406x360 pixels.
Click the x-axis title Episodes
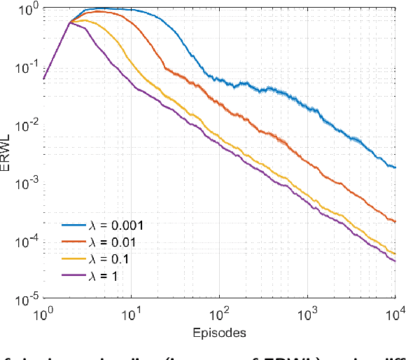[220, 333]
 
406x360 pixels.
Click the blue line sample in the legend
[71, 225]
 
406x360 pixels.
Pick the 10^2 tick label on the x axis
[219, 314]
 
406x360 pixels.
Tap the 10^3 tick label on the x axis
[307, 314]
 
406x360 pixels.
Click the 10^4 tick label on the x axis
[394, 314]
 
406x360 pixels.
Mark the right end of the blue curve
[395, 168]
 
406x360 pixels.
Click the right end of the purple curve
[395, 261]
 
